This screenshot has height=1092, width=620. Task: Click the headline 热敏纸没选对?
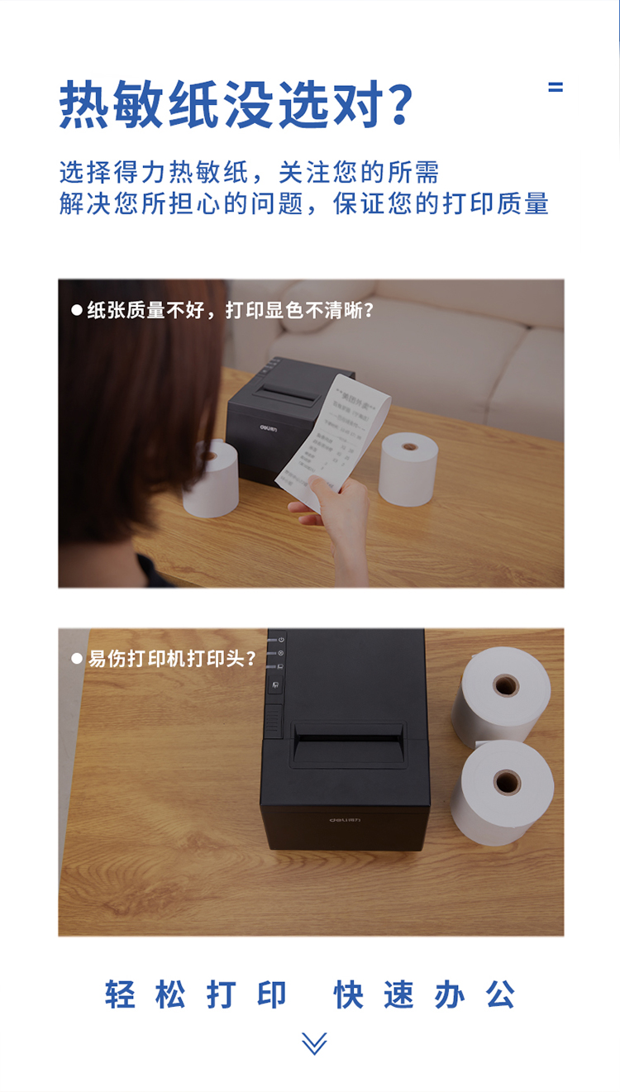tap(236, 105)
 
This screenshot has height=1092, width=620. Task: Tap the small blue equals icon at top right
tap(556, 87)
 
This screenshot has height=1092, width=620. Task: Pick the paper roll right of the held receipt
tap(408, 468)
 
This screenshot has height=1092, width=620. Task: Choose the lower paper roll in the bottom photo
tap(503, 791)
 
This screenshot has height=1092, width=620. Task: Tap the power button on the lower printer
tap(280, 640)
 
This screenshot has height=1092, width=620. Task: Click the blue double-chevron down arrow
tap(314, 1043)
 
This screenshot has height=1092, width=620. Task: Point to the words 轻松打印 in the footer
tap(196, 994)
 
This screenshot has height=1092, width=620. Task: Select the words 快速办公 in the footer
tap(425, 994)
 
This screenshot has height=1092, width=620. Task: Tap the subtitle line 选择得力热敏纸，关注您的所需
tap(249, 172)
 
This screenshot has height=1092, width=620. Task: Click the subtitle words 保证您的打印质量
tap(441, 203)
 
